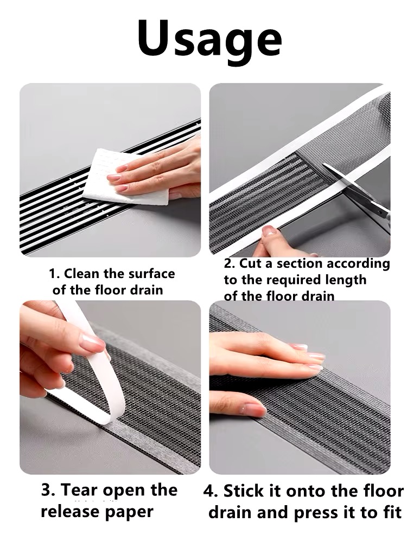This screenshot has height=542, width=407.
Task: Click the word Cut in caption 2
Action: coord(250,263)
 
